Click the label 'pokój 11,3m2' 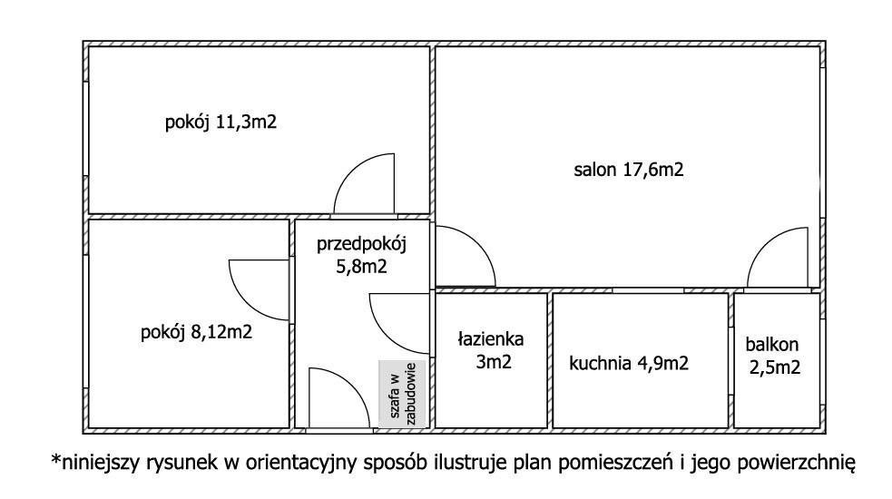coord(220,122)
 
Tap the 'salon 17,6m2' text coord(628,169)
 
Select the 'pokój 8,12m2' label coord(196,332)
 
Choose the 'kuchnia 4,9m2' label coord(629,364)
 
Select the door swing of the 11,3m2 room coord(366,184)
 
